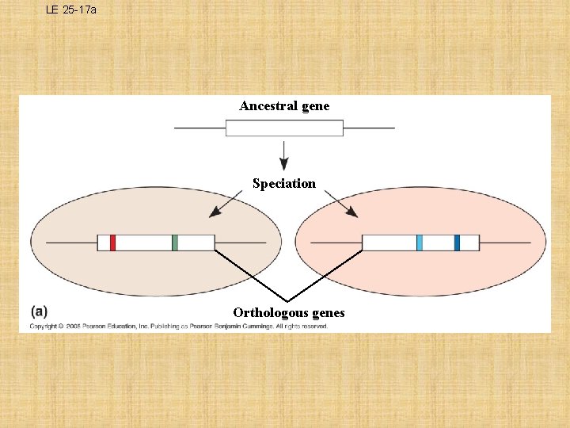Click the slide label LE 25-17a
[70, 10]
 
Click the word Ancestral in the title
[268, 105]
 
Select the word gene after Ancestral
[314, 106]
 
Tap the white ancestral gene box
[284, 128]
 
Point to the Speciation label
[284, 183]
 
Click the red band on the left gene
[113, 243]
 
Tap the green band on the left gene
[175, 243]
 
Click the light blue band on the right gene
[420, 243]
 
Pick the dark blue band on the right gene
[457, 243]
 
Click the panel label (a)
[38, 311]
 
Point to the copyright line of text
[179, 326]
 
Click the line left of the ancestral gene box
[199, 128]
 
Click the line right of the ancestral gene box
[368, 128]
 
